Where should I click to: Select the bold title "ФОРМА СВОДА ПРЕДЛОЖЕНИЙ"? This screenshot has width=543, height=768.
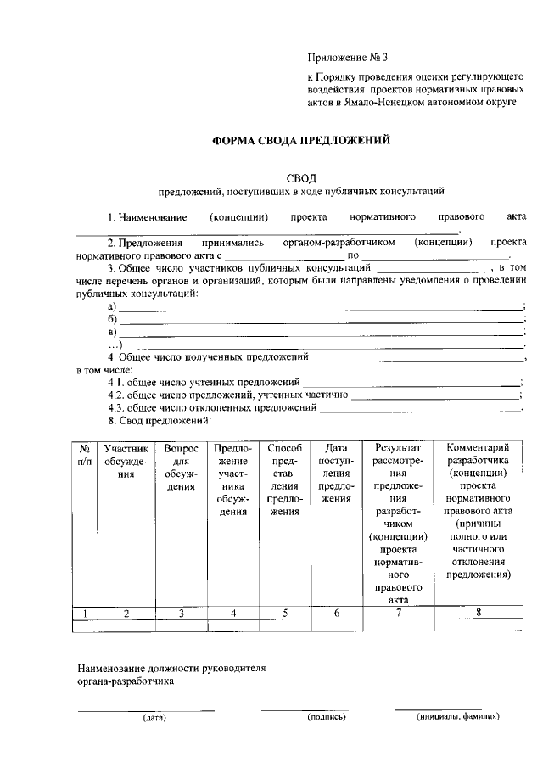point(300,140)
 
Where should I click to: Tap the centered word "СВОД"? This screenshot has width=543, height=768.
point(300,177)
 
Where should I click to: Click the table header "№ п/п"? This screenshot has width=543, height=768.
point(85,454)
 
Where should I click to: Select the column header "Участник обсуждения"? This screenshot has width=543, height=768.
point(126,461)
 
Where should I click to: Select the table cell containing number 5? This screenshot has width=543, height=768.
point(284,613)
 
